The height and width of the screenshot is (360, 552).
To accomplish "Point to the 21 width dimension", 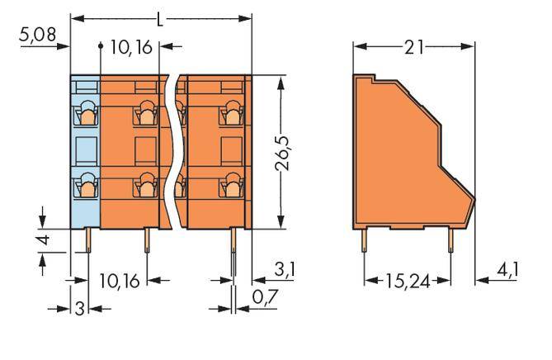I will point(416,48).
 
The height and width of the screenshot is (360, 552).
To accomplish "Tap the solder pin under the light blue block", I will point(87,241).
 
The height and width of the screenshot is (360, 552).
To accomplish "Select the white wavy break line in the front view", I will point(176,149).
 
